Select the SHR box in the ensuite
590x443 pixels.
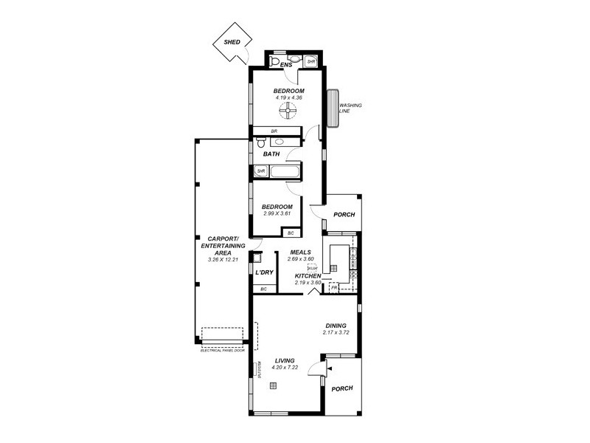point(311,61)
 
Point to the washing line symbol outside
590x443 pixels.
point(333,109)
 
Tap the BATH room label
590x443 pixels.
point(271,154)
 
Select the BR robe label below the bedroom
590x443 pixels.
point(274,131)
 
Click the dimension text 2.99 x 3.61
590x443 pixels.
point(278,213)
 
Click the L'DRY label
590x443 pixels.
point(264,273)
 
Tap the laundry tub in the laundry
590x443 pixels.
point(257,258)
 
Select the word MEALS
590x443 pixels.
point(299,253)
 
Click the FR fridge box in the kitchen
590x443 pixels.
point(333,288)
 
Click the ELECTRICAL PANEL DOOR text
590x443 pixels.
point(222,350)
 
